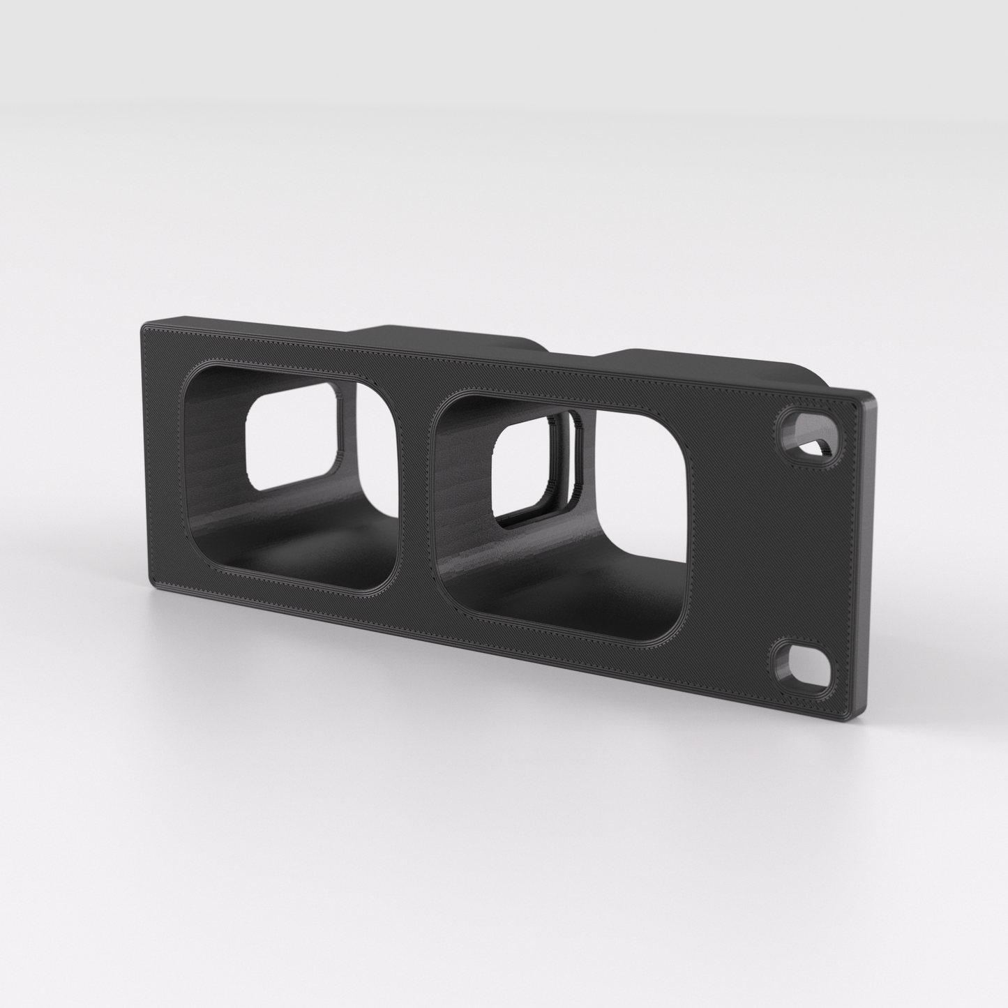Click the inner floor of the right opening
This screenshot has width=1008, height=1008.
click(x=558, y=600)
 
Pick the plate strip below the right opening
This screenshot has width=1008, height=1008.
click(x=558, y=652)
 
